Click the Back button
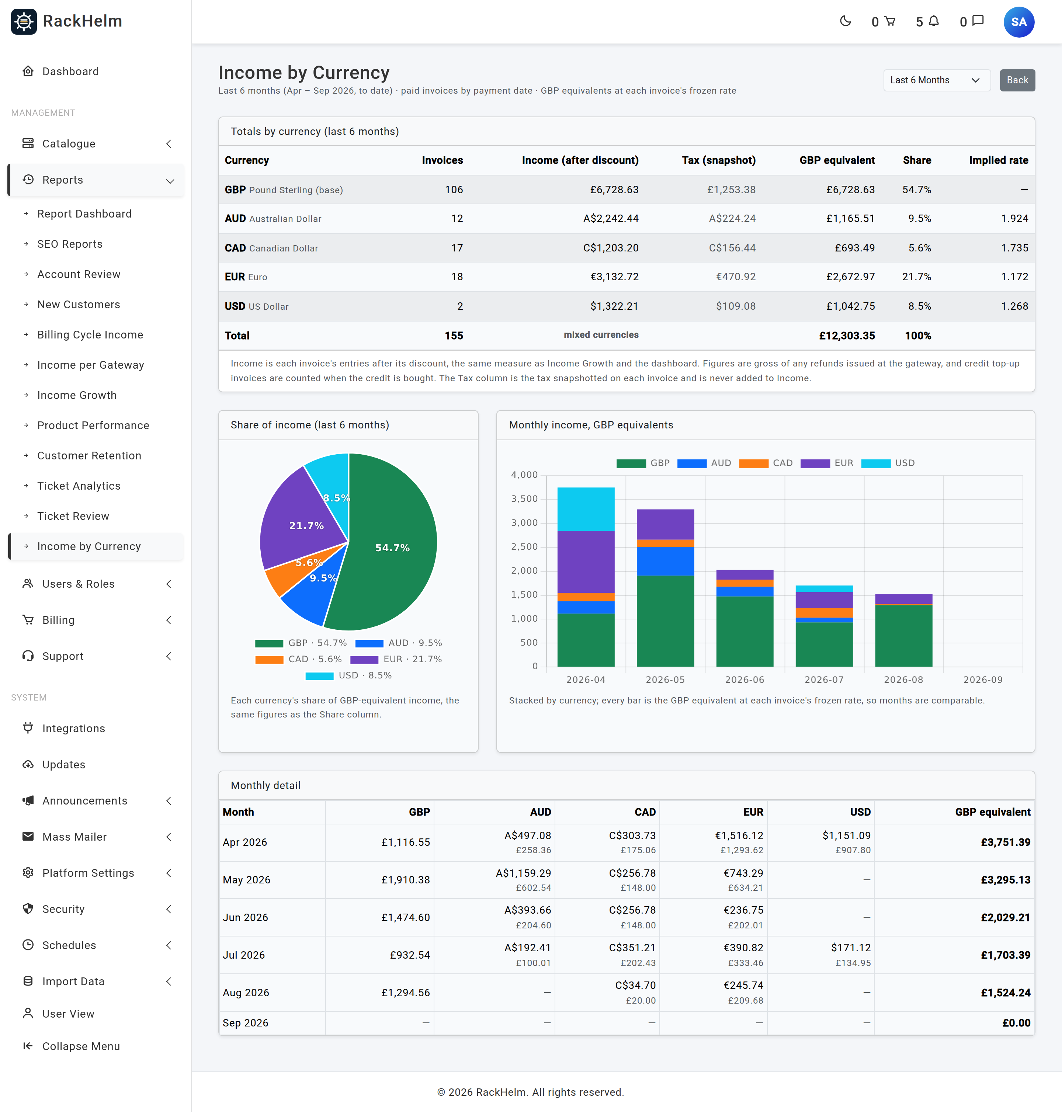click(1017, 80)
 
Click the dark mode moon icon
click(845, 21)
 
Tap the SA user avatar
click(1018, 22)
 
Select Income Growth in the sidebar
click(77, 395)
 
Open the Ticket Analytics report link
click(79, 486)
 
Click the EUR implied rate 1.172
click(1014, 277)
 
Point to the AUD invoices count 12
click(457, 218)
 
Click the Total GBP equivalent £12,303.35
click(847, 336)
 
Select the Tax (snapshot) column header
click(718, 160)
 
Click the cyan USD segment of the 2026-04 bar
click(586, 509)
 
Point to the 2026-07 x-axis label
click(824, 680)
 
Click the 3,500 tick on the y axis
click(524, 498)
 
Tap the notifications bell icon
click(934, 21)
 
